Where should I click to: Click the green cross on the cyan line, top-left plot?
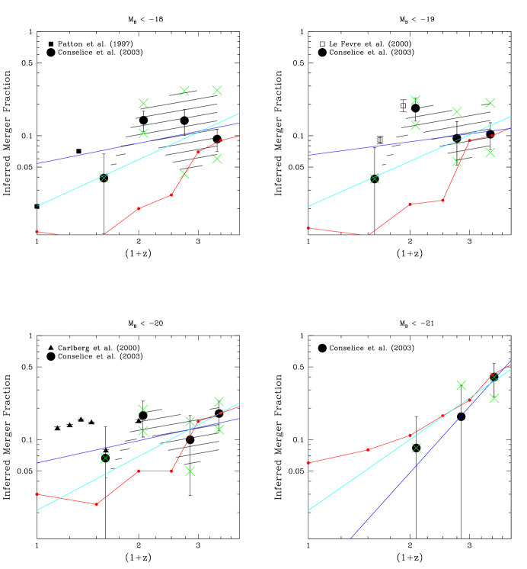click(x=104, y=178)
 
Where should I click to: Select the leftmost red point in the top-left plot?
click(x=37, y=231)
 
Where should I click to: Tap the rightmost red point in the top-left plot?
click(x=222, y=140)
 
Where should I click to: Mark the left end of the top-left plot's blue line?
click(x=37, y=163)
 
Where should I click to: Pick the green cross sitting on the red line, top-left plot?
click(x=184, y=174)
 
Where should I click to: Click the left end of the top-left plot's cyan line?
click(x=37, y=206)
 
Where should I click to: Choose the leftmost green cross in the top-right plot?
click(x=374, y=179)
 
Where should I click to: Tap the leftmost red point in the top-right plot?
click(x=308, y=228)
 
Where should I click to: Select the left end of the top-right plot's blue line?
click(x=308, y=155)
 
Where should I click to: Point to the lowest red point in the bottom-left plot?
click(x=97, y=504)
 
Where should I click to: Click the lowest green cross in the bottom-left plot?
click(x=190, y=471)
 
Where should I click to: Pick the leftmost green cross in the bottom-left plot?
click(x=105, y=458)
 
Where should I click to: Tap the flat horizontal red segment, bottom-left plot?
click(x=155, y=471)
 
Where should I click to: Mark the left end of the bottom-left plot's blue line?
click(x=37, y=462)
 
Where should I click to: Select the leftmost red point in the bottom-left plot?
click(x=37, y=493)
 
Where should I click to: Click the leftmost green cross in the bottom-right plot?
click(x=416, y=448)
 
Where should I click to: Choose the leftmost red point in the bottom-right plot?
click(x=308, y=462)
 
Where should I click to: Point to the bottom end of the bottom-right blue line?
click(x=350, y=538)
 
